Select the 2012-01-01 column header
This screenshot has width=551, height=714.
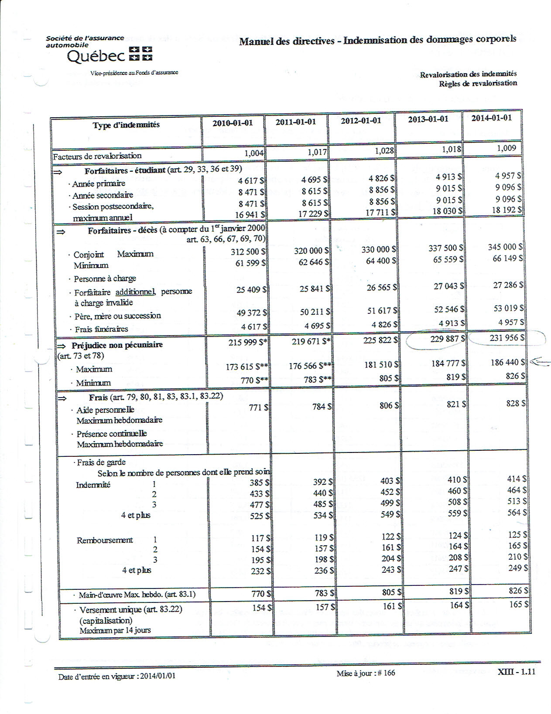pyautogui.click(x=361, y=120)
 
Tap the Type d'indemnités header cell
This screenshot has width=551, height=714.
pyautogui.click(x=126, y=125)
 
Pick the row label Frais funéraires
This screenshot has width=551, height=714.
pyautogui.click(x=101, y=329)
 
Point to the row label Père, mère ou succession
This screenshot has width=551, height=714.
pyautogui.click(x=117, y=316)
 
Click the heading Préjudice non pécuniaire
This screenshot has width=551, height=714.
pyautogui.click(x=117, y=345)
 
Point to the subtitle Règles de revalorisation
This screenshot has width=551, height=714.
pyautogui.click(x=478, y=83)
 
